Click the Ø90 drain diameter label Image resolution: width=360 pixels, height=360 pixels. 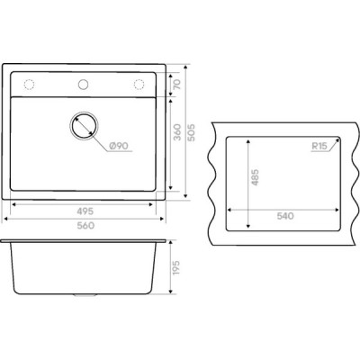(119, 146)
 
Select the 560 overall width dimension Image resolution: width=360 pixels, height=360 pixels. (85, 225)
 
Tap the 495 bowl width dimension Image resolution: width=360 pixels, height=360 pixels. (85, 211)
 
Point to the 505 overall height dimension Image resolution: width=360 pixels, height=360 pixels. (191, 132)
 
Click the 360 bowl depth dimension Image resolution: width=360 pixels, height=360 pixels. (177, 132)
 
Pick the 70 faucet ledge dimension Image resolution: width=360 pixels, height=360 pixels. (177, 85)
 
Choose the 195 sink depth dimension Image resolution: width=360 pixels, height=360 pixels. (175, 268)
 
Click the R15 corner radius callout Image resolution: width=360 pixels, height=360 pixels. (319, 147)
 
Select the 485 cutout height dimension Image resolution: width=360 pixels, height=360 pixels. (255, 177)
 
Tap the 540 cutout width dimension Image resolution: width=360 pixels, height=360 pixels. (285, 216)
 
